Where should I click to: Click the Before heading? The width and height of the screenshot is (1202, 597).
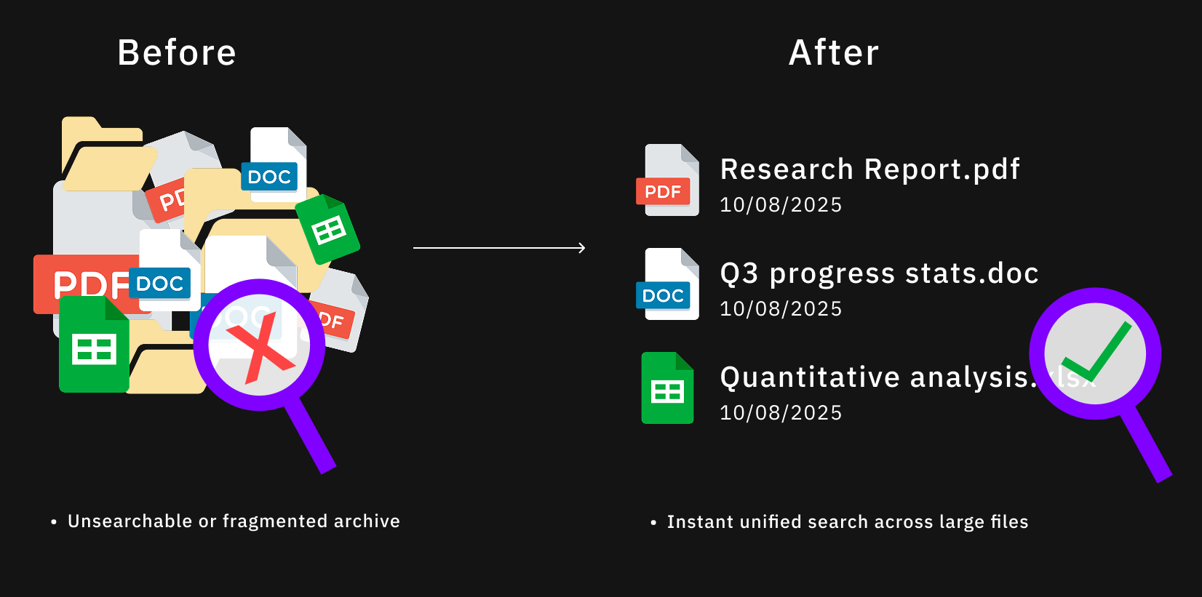(177, 53)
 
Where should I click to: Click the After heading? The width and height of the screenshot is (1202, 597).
(834, 53)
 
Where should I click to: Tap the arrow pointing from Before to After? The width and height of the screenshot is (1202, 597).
(499, 248)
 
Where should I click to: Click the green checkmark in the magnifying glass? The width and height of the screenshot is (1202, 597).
(1096, 352)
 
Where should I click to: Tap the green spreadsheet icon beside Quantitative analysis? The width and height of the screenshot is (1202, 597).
(667, 388)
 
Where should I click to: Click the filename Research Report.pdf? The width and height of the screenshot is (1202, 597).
(869, 169)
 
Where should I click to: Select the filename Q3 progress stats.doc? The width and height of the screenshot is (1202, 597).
(879, 273)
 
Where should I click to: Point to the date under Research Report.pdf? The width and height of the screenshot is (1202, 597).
(780, 205)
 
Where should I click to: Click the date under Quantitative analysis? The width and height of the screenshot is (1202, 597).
(780, 413)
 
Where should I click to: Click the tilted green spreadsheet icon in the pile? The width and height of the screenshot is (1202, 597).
(328, 230)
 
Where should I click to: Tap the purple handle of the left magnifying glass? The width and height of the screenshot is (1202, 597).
(311, 436)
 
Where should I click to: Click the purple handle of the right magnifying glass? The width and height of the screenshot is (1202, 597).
(1145, 444)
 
